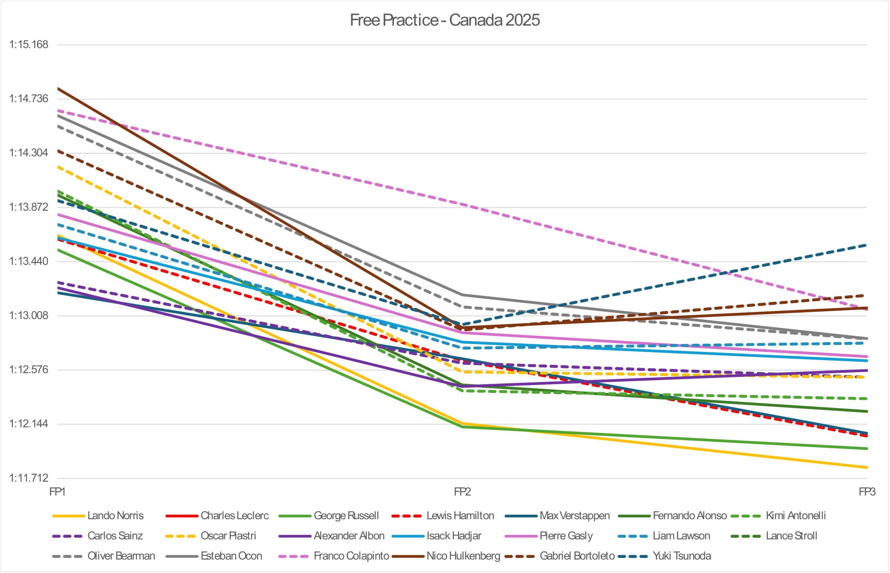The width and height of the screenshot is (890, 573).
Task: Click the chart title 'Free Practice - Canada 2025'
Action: coord(444,20)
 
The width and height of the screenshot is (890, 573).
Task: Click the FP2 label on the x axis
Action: coord(462,492)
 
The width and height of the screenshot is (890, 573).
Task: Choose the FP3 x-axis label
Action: coord(867,492)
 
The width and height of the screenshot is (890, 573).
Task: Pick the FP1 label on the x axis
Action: coord(58,492)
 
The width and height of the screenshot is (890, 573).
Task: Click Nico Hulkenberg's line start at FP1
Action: coord(58,88)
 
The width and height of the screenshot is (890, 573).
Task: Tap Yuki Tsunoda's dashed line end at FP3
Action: coord(867,245)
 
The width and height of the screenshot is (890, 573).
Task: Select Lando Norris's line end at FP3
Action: coord(867,467)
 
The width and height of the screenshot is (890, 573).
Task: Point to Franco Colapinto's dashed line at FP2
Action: coord(462,204)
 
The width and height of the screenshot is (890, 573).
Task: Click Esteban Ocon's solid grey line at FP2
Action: coord(462,295)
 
